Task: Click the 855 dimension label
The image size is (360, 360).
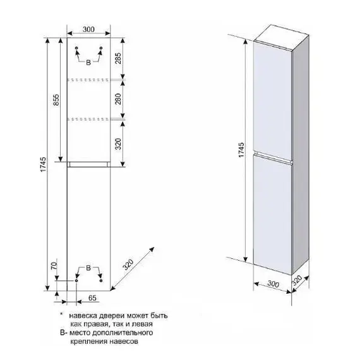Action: pos(56,100)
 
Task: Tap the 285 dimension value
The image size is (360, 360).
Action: pos(117,59)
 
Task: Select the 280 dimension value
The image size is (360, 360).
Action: pos(117,99)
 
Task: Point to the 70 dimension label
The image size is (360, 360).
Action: pos(54,266)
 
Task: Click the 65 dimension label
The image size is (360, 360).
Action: pos(92,297)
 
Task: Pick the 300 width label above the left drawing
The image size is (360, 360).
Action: pos(88,30)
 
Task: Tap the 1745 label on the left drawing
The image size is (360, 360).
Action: pos(43,164)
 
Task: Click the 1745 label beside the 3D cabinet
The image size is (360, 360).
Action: pos(241,150)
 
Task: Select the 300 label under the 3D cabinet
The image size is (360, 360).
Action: pos(273,284)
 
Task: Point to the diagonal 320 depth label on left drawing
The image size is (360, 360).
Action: pos(128,264)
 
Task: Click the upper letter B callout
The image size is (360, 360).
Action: pos(88,63)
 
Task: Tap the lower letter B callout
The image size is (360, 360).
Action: pos(88,268)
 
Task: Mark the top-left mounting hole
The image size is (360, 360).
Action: pos(76,48)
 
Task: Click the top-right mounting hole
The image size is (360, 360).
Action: pos(101,48)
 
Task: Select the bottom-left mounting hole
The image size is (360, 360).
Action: pos(76,280)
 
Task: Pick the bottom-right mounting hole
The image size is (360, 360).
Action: pos(101,280)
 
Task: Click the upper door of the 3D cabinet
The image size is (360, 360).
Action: pos(272,100)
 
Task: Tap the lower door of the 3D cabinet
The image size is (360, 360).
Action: pos(272,214)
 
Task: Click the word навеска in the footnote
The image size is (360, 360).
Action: pos(83,316)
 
